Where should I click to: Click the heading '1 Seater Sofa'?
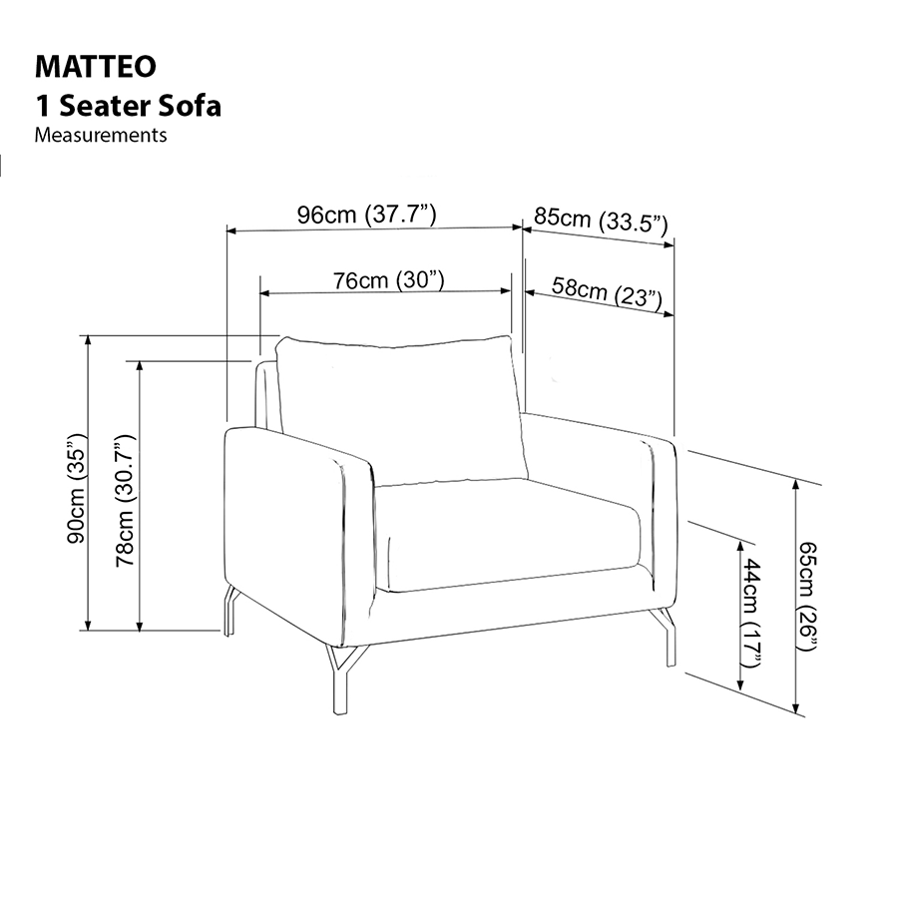click(x=128, y=105)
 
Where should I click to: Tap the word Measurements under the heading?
click(x=101, y=135)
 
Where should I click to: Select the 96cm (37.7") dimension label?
click(x=366, y=214)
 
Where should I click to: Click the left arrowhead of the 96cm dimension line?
click(x=232, y=230)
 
